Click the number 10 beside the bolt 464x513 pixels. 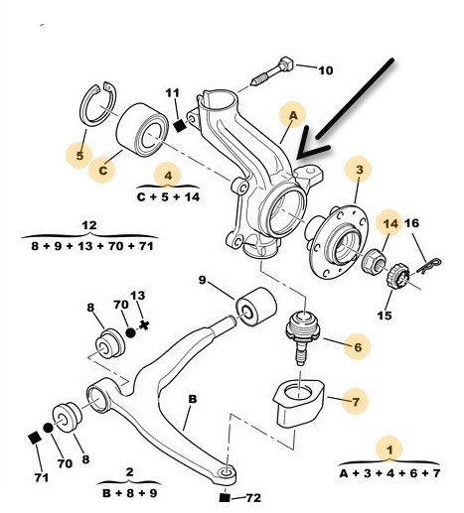tap(326, 70)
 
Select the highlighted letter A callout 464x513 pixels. tap(293, 115)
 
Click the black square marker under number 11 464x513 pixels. tap(180, 126)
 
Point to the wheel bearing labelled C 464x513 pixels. tap(142, 130)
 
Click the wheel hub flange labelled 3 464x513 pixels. tap(340, 241)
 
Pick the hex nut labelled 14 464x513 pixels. tap(376, 260)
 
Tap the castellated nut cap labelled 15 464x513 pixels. tap(398, 275)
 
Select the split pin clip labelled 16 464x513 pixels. tap(429, 266)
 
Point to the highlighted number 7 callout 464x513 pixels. tap(356, 402)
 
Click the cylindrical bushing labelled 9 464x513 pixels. tap(255, 307)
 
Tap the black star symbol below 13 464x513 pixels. tap(144, 325)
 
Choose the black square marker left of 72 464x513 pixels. tap(225, 497)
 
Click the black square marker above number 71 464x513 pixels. tap(35, 439)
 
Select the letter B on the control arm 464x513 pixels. tap(193, 399)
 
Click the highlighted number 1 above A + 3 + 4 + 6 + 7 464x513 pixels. tap(389, 449)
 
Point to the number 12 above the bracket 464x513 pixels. tap(89, 225)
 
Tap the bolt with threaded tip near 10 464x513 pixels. tap(272, 71)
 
